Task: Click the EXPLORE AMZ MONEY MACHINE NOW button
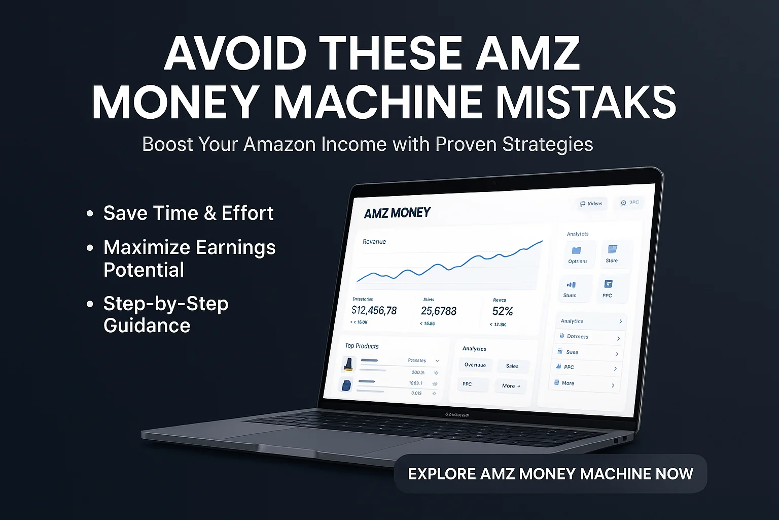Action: click(550, 474)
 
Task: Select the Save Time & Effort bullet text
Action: click(188, 213)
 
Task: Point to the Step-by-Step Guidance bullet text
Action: click(166, 314)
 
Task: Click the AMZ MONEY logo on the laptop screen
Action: click(397, 213)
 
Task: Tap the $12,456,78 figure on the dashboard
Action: click(374, 310)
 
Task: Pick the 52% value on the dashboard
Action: click(502, 311)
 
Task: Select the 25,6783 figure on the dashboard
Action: click(438, 311)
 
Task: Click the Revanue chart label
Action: click(374, 242)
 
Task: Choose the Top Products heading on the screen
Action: click(362, 346)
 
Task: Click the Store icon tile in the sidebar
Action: click(612, 253)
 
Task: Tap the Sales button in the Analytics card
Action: click(512, 366)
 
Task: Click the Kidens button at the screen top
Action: click(591, 204)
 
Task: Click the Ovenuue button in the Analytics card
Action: click(475, 365)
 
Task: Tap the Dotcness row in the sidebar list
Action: click(588, 337)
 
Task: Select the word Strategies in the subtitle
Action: click(547, 144)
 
